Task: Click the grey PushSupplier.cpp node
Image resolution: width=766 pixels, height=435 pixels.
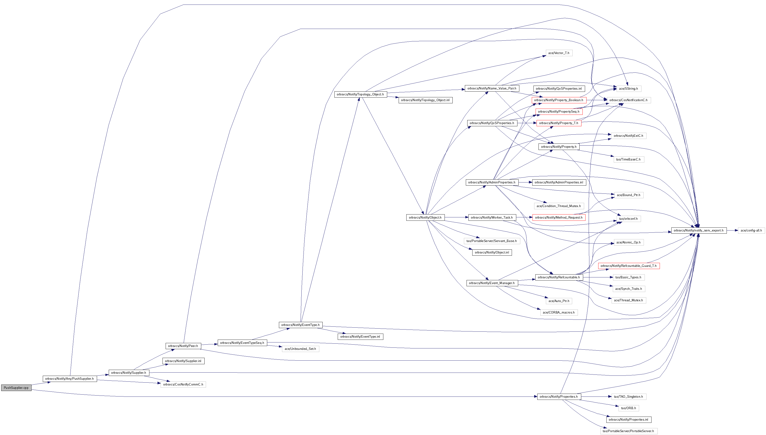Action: tap(16, 388)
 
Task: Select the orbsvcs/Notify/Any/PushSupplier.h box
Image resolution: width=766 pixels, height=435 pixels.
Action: tap(70, 379)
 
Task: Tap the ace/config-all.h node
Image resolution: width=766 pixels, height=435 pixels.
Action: tap(751, 230)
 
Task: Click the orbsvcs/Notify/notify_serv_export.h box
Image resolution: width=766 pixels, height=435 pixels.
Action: tap(699, 230)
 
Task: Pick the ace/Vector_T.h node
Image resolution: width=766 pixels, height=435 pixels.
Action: tap(559, 53)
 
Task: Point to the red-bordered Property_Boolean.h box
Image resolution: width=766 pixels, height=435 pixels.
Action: tap(559, 100)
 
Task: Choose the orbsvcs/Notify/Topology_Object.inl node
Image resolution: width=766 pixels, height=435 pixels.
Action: tap(425, 100)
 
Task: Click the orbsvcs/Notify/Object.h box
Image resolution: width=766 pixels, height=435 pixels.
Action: tap(425, 218)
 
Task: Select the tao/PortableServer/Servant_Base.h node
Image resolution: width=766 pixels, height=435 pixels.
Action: tap(491, 241)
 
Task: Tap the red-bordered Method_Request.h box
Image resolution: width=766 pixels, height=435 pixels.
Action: tap(559, 218)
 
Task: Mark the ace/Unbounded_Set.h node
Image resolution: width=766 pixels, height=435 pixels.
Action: tap(300, 349)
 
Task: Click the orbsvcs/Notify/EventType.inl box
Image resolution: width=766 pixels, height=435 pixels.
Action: tap(360, 337)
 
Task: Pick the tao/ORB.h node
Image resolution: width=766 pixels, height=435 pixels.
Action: tap(628, 408)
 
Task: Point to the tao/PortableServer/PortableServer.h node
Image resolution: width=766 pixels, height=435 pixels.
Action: tap(628, 431)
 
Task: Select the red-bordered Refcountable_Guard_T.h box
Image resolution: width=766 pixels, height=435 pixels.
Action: tap(628, 266)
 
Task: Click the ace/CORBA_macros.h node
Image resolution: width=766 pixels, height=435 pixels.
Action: tap(559, 313)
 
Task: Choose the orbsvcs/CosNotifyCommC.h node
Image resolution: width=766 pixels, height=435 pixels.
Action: tap(183, 385)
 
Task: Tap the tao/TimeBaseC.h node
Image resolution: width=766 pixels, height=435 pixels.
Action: tap(628, 160)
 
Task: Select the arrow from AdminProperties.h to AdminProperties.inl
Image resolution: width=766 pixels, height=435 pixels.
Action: tap(525, 182)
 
